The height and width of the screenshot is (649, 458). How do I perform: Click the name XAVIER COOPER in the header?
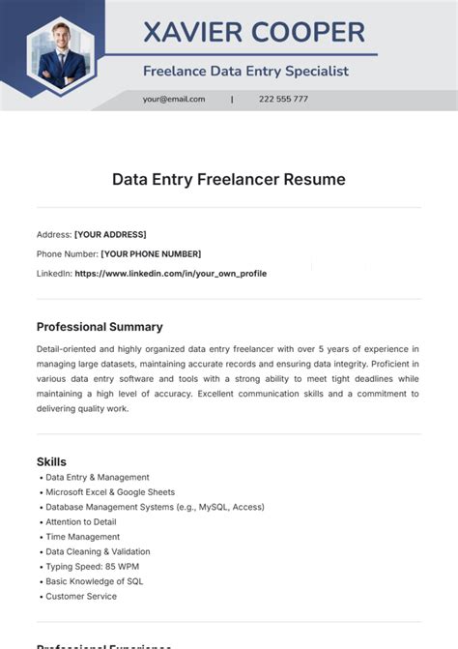click(254, 32)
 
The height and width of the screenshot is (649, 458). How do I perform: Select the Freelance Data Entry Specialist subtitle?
click(245, 71)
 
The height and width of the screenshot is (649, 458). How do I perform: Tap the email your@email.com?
click(174, 99)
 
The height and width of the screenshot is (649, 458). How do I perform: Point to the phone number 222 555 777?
click(283, 99)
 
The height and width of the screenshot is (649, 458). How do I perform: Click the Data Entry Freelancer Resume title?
click(228, 179)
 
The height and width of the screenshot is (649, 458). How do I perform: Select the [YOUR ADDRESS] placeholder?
click(110, 234)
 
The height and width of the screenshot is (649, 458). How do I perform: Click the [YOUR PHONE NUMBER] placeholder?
click(151, 253)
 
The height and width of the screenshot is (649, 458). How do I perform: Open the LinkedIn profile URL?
click(170, 274)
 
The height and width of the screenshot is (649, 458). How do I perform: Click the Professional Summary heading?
click(100, 327)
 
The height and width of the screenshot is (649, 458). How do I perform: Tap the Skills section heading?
click(51, 461)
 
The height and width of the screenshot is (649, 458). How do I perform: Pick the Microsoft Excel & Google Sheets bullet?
click(110, 492)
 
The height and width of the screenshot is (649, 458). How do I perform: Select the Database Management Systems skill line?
click(155, 507)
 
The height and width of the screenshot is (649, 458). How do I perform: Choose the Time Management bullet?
click(83, 537)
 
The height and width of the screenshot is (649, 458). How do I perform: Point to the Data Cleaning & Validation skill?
click(98, 551)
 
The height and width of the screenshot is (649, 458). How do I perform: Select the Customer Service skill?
click(82, 597)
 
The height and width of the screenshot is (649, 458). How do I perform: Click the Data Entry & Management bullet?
click(98, 477)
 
